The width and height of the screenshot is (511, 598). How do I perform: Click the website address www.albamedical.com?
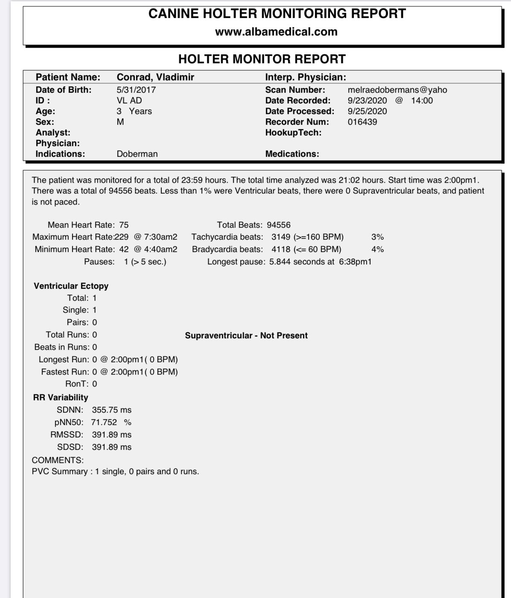pyautogui.click(x=276, y=32)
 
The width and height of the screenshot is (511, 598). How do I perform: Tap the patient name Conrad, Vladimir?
pyautogui.click(x=155, y=77)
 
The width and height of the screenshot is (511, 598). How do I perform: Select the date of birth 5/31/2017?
pyautogui.click(x=136, y=90)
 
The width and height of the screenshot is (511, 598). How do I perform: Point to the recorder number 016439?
pyautogui.click(x=362, y=122)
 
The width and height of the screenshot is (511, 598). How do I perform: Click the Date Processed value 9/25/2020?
pyautogui.click(x=367, y=111)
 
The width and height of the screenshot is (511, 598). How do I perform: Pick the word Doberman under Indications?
pyautogui.click(x=137, y=154)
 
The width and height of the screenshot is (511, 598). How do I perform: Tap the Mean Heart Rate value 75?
pyautogui.click(x=124, y=225)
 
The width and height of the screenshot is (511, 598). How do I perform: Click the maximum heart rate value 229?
pyautogui.click(x=122, y=237)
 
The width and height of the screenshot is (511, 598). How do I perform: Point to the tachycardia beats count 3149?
pyautogui.click(x=281, y=237)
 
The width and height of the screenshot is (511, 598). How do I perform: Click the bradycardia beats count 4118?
pyautogui.click(x=281, y=249)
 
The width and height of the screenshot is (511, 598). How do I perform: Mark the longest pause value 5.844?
pyautogui.click(x=280, y=262)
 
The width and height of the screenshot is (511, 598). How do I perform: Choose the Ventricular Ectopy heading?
pyautogui.click(x=71, y=286)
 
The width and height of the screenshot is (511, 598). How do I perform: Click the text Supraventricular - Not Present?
pyautogui.click(x=246, y=336)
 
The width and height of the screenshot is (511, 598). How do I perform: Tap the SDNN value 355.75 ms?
pyautogui.click(x=111, y=410)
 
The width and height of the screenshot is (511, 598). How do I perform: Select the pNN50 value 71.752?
pyautogui.click(x=104, y=422)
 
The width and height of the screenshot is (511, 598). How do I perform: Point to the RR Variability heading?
pyautogui.click(x=61, y=398)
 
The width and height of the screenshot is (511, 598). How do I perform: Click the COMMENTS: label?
pyautogui.click(x=58, y=460)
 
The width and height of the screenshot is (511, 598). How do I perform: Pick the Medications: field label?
pyautogui.click(x=292, y=154)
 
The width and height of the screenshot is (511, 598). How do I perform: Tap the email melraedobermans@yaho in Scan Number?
pyautogui.click(x=397, y=90)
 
